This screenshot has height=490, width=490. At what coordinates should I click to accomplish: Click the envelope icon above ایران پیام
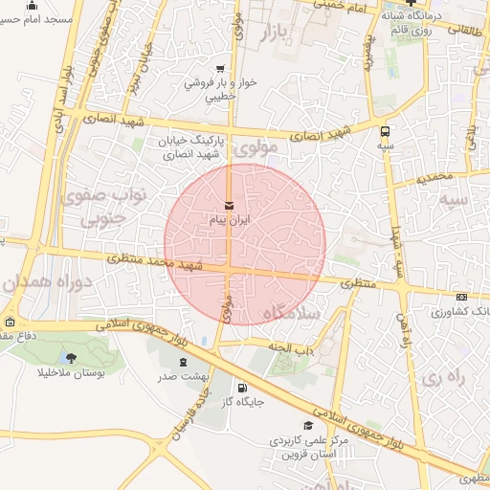coord(229,206)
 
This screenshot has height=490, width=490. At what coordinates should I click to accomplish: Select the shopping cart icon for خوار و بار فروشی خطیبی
coord(221,69)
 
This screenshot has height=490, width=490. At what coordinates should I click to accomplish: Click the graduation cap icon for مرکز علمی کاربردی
coord(307,426)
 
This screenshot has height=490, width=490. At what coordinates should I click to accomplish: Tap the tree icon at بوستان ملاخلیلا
coord(72,357)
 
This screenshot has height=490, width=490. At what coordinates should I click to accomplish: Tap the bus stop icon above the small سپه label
coord(385,132)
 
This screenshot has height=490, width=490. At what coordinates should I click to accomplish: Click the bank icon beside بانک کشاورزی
coord(462,297)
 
